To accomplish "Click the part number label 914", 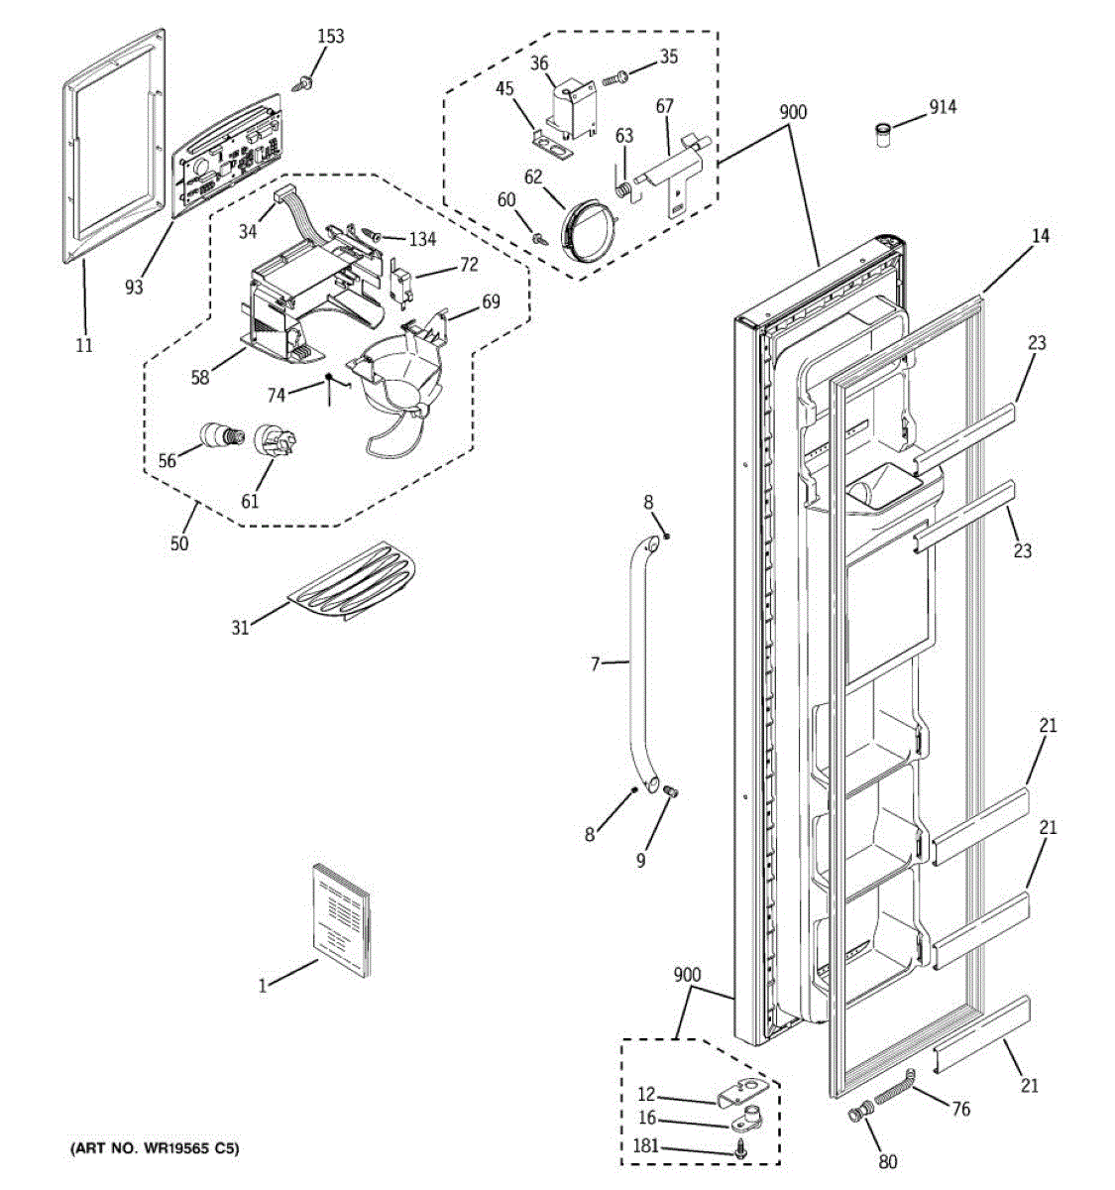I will click(x=943, y=106).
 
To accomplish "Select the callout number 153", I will click(x=331, y=37).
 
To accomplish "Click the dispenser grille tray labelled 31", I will click(x=353, y=582).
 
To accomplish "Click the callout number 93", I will click(x=134, y=287).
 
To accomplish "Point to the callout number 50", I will click(x=179, y=542).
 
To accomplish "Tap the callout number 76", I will click(x=960, y=1109).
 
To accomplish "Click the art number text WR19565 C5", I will click(x=154, y=1149).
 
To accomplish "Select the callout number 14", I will click(x=1040, y=236).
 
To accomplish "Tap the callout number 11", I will click(x=84, y=345).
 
